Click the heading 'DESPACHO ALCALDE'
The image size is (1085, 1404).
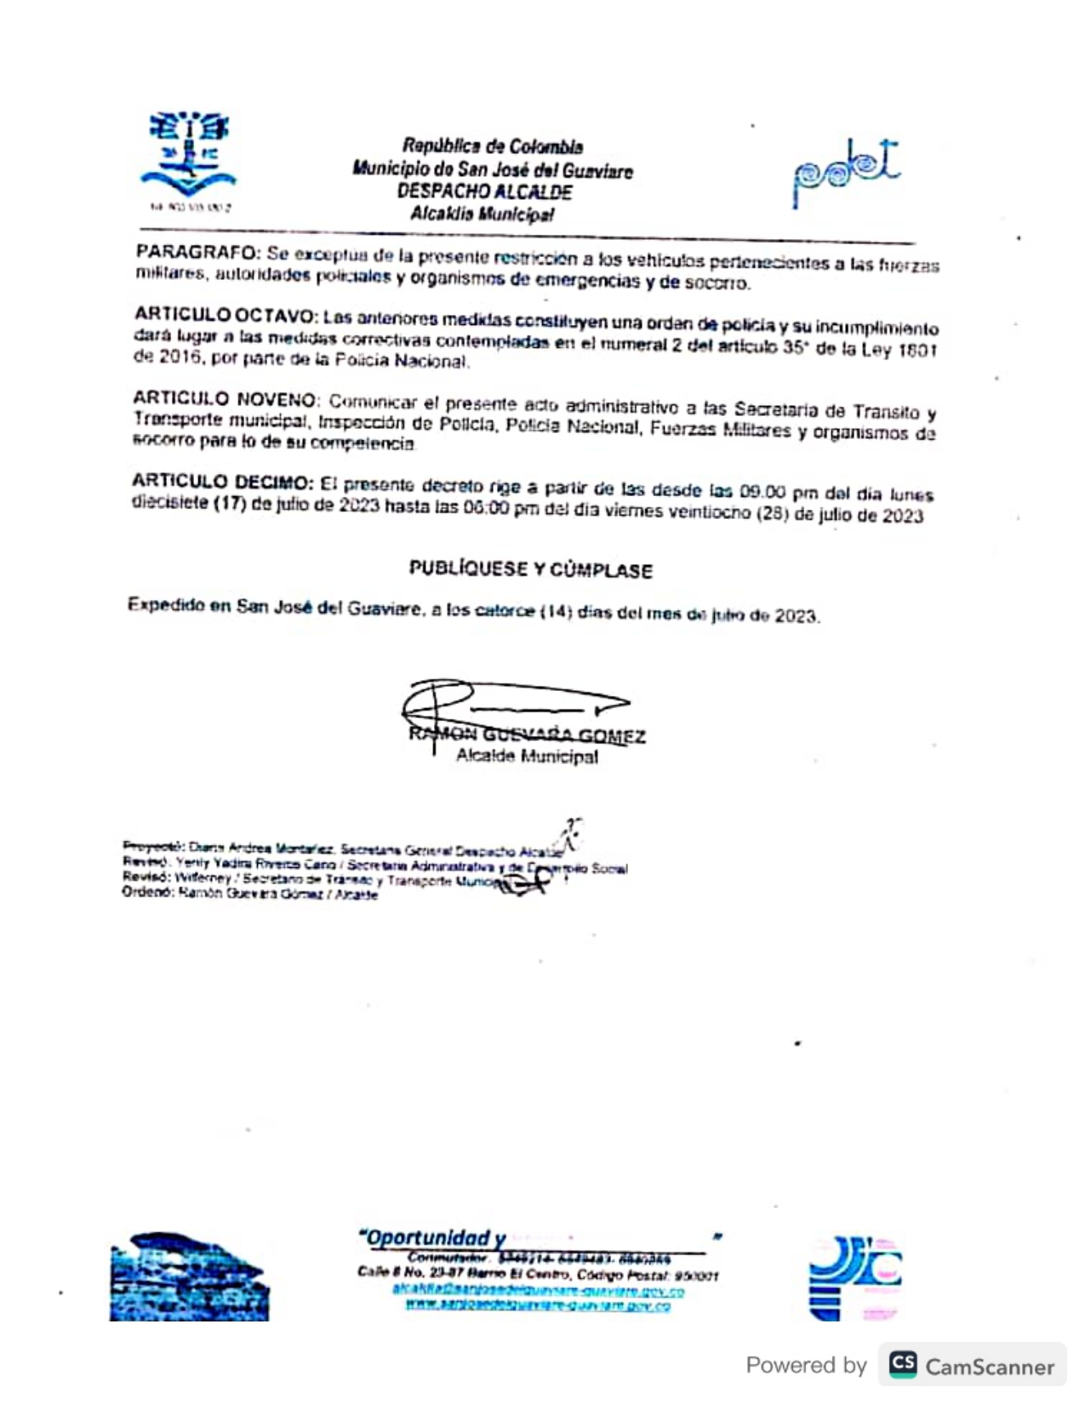[483, 191]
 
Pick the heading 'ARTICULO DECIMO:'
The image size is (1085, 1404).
[222, 482]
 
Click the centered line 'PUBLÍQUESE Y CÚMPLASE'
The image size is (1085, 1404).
[530, 569]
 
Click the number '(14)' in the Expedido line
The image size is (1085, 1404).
[555, 611]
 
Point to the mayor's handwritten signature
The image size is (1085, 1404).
[511, 705]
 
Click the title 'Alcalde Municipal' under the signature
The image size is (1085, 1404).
[527, 756]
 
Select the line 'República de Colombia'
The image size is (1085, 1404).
[493, 146]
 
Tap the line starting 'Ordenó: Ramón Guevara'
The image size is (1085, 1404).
[250, 894]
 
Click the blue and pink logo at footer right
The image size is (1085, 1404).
[854, 1277]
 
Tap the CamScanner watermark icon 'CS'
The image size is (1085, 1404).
[903, 1365]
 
